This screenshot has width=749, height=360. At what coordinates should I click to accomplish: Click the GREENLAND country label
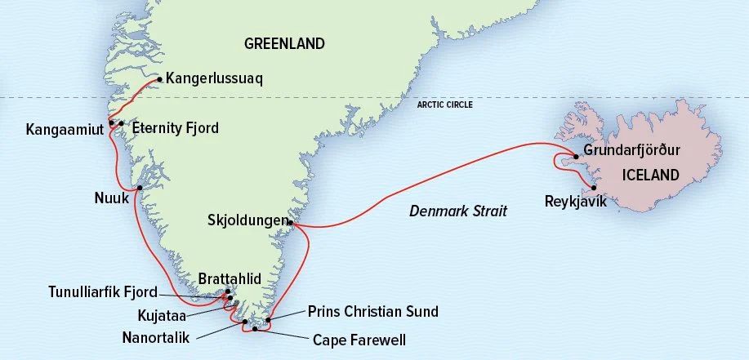[x=284, y=44]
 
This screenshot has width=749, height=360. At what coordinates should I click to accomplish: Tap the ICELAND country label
[x=650, y=175]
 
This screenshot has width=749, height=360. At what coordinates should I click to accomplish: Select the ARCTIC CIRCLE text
[x=444, y=104]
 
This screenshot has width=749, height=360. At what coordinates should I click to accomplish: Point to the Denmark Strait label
[x=457, y=211]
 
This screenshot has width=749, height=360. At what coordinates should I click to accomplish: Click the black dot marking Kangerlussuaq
[x=159, y=79]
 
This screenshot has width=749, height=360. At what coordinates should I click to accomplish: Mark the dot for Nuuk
[x=140, y=188]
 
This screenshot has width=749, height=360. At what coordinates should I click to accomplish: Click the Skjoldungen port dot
[x=291, y=221]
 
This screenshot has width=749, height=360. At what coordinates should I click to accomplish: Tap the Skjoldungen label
[x=248, y=220]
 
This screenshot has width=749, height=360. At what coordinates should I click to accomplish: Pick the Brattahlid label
[x=230, y=279]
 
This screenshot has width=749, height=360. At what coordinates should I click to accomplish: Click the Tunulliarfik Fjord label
[x=102, y=292]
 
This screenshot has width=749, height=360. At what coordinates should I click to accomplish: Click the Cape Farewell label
[x=359, y=340]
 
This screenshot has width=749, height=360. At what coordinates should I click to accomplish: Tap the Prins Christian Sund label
[x=372, y=311]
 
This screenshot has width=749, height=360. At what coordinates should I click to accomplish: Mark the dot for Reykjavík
[x=594, y=187]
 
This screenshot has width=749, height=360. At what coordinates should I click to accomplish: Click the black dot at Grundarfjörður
[x=577, y=156]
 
